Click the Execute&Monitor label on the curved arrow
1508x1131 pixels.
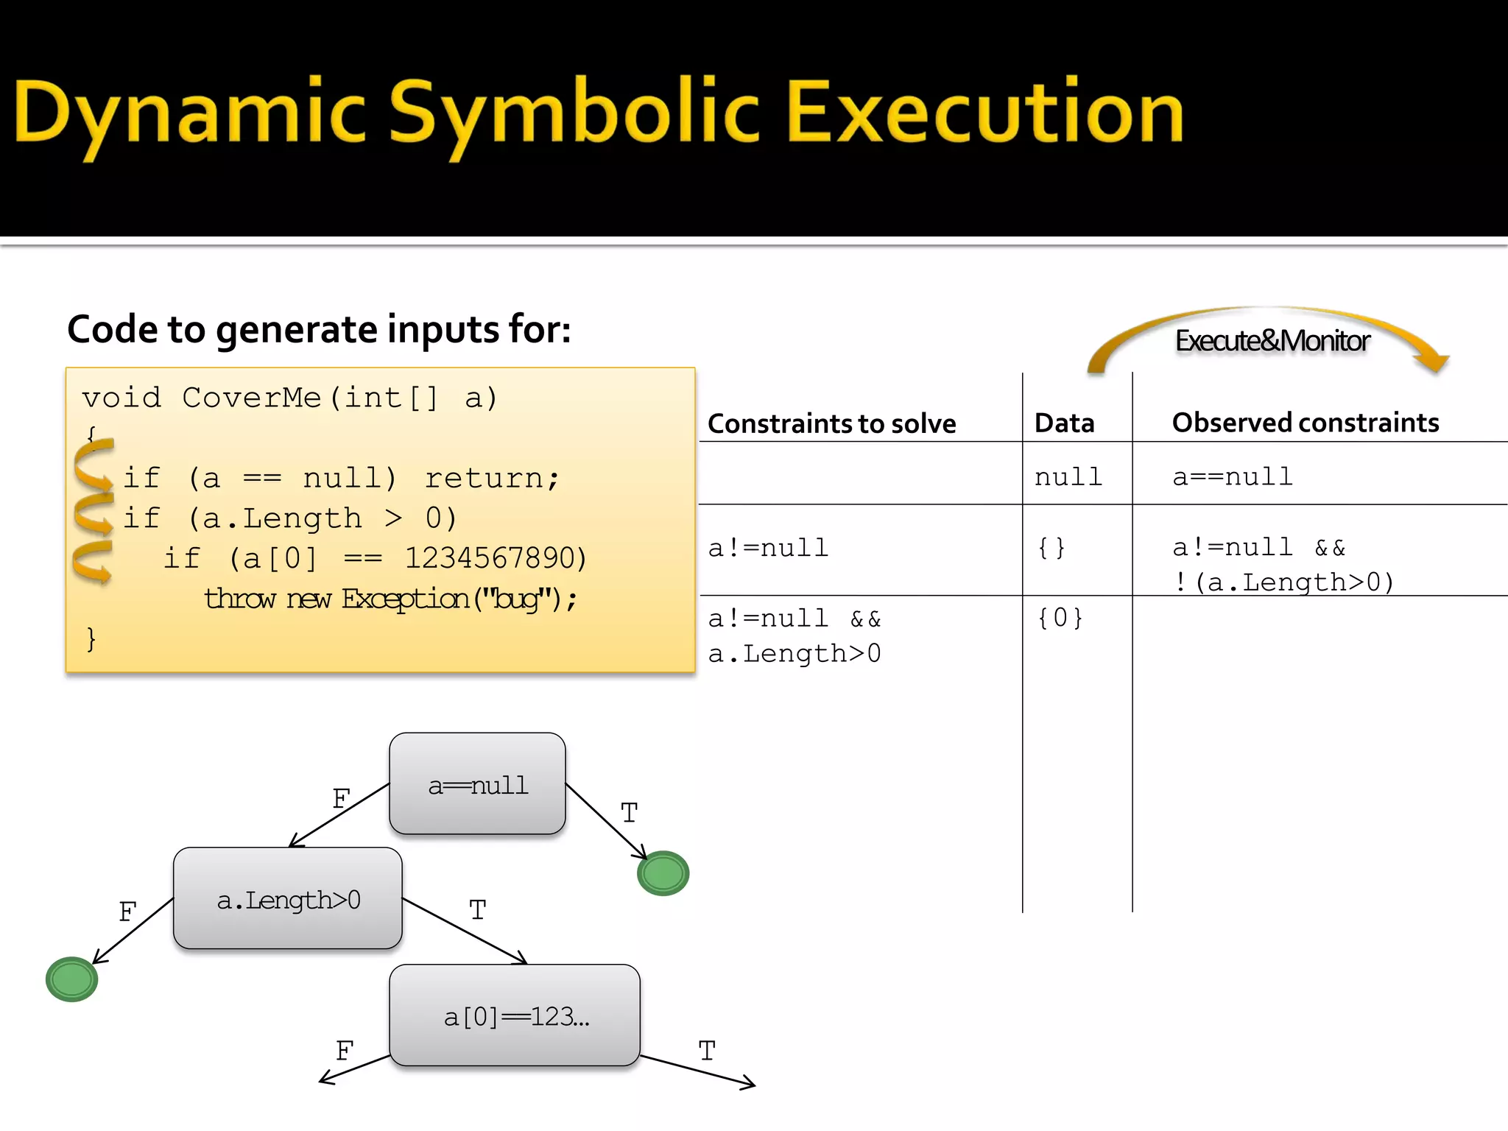click(1272, 341)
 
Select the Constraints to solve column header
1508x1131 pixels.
click(831, 423)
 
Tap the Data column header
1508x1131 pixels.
click(1064, 423)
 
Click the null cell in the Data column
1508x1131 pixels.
click(1068, 477)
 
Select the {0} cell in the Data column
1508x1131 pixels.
click(1060, 618)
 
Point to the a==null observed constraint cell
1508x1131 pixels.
click(1233, 477)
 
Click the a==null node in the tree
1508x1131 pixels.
click(477, 784)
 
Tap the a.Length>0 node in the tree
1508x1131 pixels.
click(288, 899)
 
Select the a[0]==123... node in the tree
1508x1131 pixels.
click(515, 1016)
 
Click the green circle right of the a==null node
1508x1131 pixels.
click(663, 873)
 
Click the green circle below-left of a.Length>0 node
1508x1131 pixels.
click(71, 979)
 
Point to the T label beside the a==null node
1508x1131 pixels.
click(629, 814)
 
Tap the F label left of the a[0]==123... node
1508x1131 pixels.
click(345, 1051)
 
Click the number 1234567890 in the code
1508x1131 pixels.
click(496, 558)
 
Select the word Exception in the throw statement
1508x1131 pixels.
click(405, 599)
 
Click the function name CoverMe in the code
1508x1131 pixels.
click(251, 398)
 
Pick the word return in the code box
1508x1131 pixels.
click(491, 478)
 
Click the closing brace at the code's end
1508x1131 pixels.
click(91, 638)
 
